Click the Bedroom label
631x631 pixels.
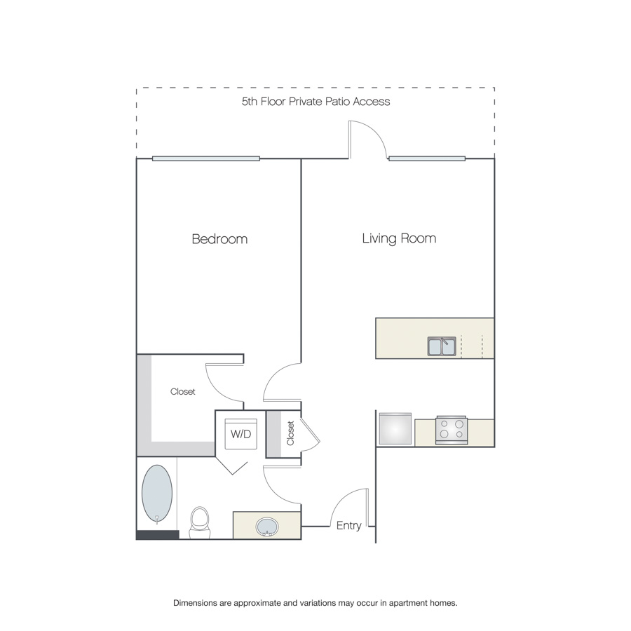(219, 238)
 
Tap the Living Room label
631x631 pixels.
(399, 238)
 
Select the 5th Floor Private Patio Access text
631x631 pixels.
(315, 102)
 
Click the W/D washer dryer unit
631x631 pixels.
(240, 434)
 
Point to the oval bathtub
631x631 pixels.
(157, 494)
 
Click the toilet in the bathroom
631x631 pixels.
(200, 522)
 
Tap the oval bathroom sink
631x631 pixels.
(267, 527)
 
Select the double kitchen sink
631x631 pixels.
(442, 346)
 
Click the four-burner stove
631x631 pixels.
(452, 430)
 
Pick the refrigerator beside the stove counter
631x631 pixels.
(395, 429)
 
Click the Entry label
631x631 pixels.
(348, 526)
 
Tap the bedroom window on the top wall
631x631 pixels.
(206, 158)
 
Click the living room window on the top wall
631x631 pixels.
(427, 158)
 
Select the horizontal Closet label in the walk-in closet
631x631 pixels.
(183, 391)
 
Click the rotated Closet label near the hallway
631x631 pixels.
(290, 433)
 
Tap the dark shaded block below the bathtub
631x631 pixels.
(157, 535)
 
